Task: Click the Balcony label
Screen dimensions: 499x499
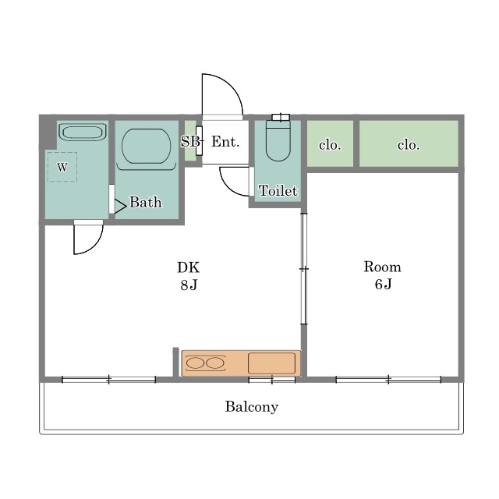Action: pos(251,407)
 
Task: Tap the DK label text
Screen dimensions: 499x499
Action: pos(189,267)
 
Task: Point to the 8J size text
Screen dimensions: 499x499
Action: pos(189,285)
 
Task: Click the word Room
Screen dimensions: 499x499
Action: pos(382,267)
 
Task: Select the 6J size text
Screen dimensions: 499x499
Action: pos(383,284)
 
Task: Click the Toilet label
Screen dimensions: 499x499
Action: pos(278,190)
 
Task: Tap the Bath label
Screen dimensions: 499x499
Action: pos(146,202)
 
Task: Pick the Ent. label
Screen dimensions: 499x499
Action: pos(225,142)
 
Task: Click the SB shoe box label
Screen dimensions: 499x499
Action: pos(190,141)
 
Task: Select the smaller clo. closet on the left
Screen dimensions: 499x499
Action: pos(330,143)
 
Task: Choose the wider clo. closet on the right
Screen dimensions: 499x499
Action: pos(409,143)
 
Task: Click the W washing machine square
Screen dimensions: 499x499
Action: pos(62,167)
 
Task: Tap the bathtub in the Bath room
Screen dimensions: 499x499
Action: pos(146,146)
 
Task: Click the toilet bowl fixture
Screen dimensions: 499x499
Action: pos(278,140)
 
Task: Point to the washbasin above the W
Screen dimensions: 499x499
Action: pos(83,132)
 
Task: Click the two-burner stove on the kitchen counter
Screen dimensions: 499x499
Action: pos(205,363)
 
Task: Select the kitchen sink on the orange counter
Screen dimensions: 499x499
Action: pos(271,363)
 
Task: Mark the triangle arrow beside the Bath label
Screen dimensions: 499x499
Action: pos(119,207)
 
